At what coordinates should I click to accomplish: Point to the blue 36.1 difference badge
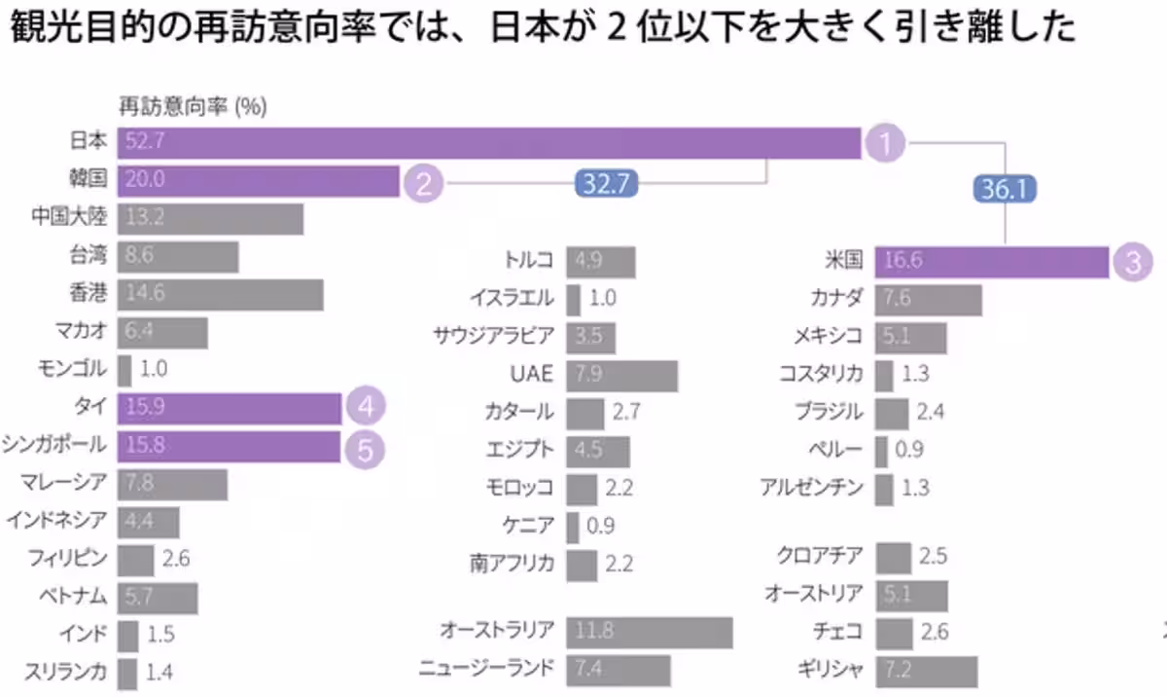tap(1005, 190)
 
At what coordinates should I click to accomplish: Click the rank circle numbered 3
tap(1132, 261)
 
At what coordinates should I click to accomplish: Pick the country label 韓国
tap(88, 180)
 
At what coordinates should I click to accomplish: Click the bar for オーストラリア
tap(649, 631)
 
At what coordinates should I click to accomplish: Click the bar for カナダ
tap(928, 300)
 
